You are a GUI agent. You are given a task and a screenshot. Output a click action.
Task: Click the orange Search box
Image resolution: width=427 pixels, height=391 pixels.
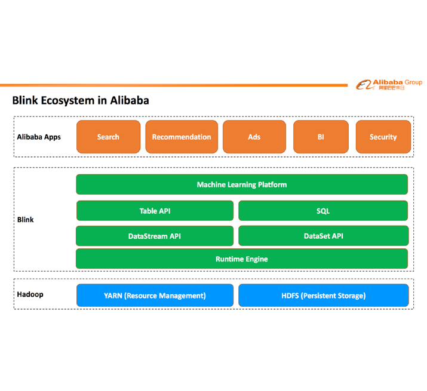coord(108,137)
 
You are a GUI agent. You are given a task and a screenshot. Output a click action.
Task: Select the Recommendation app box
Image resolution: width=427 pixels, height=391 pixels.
coord(182,137)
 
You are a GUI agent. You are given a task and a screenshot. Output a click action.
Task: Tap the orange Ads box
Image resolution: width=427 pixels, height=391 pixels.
coord(254,137)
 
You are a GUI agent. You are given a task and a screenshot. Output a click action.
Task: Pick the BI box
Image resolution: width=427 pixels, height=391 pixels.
coord(321,137)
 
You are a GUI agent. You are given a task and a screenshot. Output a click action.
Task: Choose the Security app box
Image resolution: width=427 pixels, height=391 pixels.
coord(383,137)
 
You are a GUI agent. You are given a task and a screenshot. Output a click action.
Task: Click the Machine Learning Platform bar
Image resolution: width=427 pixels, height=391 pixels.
coord(242,184)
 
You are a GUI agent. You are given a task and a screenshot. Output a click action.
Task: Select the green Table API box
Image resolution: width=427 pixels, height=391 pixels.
coord(155,211)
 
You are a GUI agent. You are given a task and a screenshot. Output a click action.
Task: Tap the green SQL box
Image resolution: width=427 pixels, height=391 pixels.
coord(323,211)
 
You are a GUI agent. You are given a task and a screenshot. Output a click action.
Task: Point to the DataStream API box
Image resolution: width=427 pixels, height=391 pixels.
coord(155,236)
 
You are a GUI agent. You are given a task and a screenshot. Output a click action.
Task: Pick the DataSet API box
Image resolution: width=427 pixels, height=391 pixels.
coord(324,236)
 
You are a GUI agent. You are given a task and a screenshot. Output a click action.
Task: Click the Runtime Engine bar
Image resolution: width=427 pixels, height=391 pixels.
coord(242,258)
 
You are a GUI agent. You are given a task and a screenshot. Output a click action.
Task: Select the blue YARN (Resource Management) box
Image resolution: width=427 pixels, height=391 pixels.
coord(155,295)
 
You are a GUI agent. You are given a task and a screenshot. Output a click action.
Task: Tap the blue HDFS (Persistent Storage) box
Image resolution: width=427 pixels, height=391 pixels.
coord(324,295)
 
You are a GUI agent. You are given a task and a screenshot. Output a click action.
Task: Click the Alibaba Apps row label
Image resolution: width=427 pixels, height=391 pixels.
coord(39,137)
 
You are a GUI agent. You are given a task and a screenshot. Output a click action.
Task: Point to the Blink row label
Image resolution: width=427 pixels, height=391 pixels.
coord(25,220)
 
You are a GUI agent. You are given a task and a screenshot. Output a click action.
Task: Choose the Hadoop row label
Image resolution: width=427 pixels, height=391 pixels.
coord(30,294)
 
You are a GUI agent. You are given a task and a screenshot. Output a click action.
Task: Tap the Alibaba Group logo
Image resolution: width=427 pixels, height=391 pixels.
coord(389,85)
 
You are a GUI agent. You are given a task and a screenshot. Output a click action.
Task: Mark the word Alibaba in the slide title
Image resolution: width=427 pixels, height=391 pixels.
coord(130,100)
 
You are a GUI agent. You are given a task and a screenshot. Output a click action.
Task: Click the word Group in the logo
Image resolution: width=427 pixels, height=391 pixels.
coord(413,82)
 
